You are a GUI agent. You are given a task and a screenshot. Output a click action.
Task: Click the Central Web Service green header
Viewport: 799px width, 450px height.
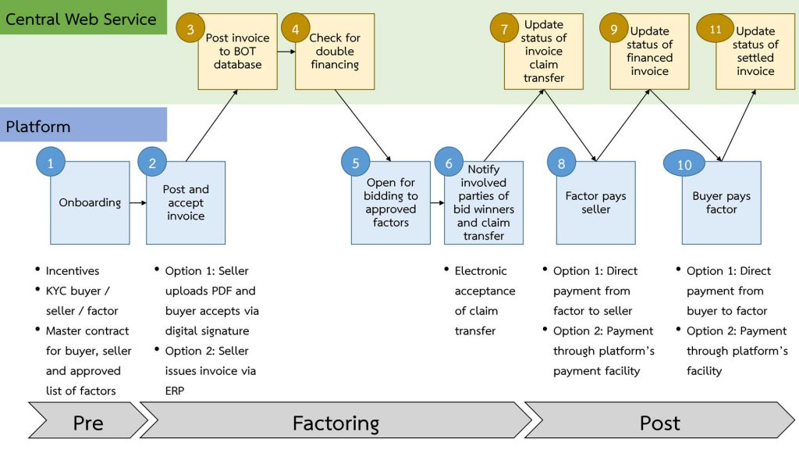(83, 18)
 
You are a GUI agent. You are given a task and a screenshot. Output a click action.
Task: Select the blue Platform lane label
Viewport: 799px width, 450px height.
(83, 126)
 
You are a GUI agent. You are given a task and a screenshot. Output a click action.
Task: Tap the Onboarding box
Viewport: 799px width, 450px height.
(91, 203)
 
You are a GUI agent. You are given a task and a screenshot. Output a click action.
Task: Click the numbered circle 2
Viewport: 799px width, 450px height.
(152, 162)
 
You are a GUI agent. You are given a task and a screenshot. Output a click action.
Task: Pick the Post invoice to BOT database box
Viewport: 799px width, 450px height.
(237, 52)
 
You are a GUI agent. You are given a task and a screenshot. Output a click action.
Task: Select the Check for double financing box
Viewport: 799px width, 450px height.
(335, 52)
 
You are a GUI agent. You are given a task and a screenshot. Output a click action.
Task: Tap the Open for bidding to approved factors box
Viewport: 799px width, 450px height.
(391, 203)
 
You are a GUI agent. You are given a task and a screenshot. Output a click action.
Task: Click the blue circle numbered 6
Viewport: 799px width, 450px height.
(449, 162)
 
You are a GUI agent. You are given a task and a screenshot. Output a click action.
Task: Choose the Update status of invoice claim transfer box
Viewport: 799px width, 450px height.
(544, 52)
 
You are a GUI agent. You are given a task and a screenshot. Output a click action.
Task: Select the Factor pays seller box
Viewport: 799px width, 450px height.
(596, 203)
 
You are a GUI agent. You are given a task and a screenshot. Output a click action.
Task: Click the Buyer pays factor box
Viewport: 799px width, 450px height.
(722, 203)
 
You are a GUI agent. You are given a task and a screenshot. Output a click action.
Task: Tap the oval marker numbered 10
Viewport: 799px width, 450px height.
(684, 164)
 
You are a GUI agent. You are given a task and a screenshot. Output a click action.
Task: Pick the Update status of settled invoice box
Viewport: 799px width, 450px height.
(755, 52)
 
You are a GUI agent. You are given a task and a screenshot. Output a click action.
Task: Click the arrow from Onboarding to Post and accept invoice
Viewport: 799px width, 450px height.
(137, 203)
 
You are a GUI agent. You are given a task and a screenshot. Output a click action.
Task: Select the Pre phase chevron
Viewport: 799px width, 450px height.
(87, 423)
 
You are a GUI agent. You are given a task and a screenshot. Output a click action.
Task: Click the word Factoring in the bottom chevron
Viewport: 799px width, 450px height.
(336, 423)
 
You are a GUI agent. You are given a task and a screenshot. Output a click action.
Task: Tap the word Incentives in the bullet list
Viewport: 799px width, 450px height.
(73, 271)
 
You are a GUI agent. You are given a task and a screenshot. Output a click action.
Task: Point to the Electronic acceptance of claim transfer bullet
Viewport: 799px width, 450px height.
(485, 301)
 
